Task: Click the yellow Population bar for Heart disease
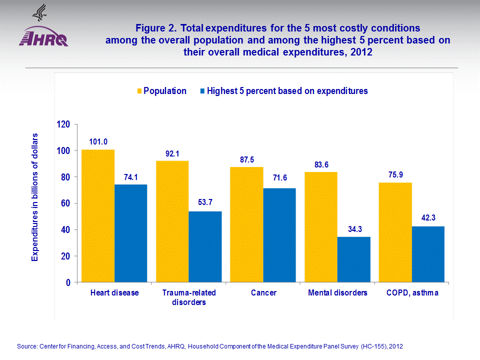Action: point(98,216)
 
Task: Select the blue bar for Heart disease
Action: point(131,233)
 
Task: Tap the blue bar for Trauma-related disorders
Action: point(205,247)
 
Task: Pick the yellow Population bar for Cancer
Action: point(246,224)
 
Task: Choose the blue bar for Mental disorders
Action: point(354,259)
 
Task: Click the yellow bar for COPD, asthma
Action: point(395,232)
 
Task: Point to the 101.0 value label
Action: point(98,142)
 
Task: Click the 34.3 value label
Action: point(354,229)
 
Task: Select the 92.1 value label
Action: point(172,153)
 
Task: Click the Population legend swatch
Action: point(139,91)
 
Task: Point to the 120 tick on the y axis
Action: point(63,124)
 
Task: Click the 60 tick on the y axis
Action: point(65,203)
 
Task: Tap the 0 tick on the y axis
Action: point(67,282)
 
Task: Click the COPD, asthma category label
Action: point(412,293)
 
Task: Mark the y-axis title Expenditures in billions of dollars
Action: point(35,197)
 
